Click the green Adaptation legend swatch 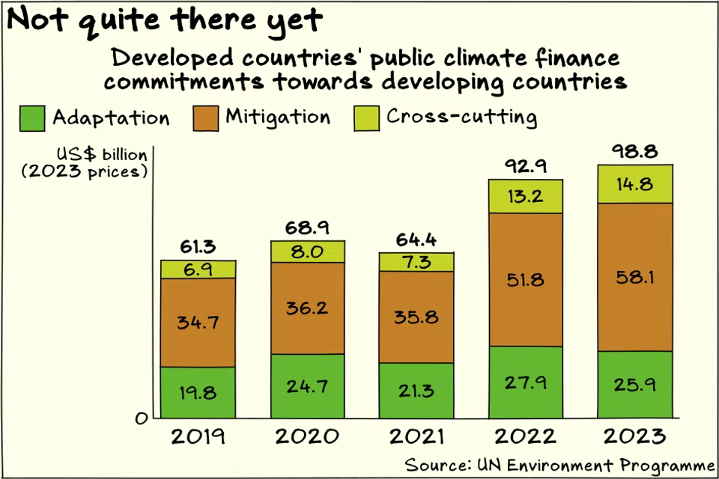click(x=31, y=118)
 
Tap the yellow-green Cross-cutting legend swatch click(x=366, y=118)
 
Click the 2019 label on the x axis click(x=198, y=436)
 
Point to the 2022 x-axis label click(x=525, y=436)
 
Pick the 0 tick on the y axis click(x=140, y=419)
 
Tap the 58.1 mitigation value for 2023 click(x=635, y=278)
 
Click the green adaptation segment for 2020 click(x=308, y=386)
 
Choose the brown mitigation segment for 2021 click(x=416, y=317)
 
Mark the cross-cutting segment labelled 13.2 click(x=525, y=196)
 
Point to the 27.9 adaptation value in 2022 click(x=525, y=382)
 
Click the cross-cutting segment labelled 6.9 click(x=198, y=269)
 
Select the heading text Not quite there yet click(x=165, y=20)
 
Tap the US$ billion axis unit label click(x=101, y=155)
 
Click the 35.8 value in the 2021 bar click(x=416, y=317)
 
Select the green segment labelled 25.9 click(x=635, y=385)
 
